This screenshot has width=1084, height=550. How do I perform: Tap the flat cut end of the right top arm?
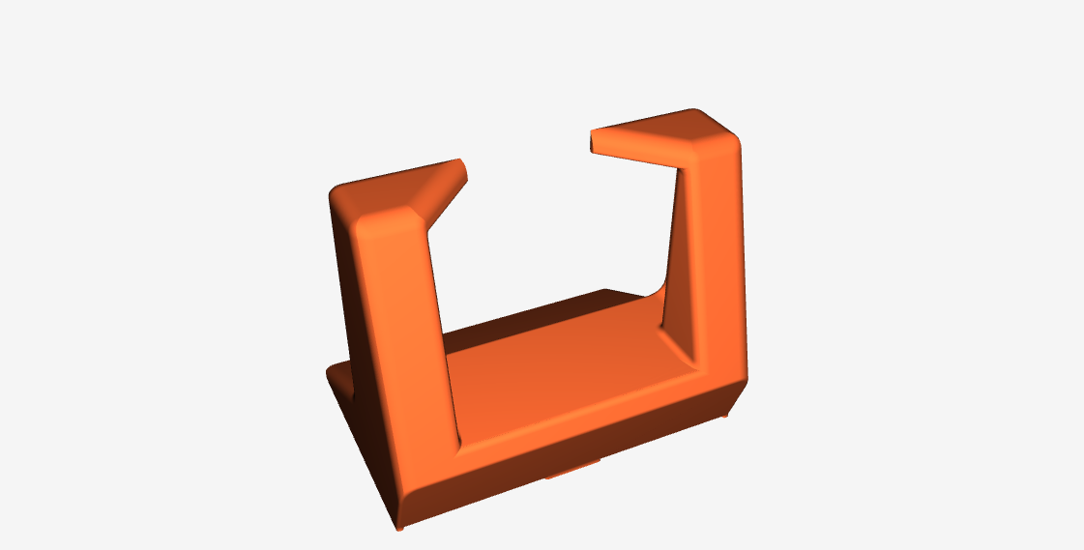[592, 141]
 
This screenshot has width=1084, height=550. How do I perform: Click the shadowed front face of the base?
[571, 454]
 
